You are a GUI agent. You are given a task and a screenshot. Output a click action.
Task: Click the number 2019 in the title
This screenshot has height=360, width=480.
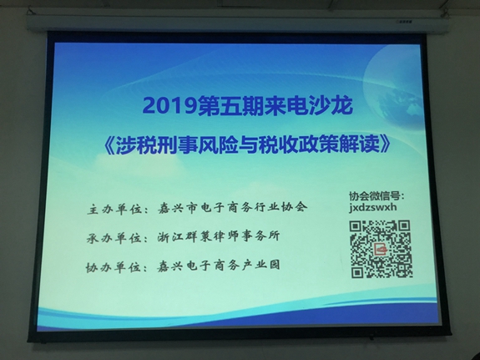[169, 106]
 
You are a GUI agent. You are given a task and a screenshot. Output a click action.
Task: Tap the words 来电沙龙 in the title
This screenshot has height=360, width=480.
[308, 105]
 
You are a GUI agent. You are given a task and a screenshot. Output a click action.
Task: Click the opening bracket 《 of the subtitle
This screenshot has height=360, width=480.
[109, 144]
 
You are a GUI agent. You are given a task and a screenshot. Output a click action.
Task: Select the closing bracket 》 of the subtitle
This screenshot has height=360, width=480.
[385, 144]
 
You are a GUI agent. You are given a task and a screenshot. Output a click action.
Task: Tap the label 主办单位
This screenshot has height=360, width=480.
[114, 210]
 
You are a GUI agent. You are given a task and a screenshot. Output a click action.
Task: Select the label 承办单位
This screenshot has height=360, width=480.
[114, 238]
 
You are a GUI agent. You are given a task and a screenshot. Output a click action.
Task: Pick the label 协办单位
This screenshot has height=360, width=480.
[114, 267]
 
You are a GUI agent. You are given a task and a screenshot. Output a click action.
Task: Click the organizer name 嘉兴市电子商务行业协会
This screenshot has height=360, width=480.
[233, 208]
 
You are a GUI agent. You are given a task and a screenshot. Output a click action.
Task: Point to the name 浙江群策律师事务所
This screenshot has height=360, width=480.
[219, 237]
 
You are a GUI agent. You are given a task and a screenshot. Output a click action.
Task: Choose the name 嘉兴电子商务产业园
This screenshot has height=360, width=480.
[219, 266]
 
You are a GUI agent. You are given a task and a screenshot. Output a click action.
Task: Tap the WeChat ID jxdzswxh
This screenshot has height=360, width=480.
[373, 207]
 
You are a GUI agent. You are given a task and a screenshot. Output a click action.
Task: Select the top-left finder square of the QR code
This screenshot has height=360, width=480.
[356, 226]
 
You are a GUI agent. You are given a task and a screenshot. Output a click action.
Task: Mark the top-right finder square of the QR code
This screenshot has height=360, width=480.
[404, 226]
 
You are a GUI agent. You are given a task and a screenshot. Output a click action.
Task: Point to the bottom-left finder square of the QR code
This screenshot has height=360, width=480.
[357, 272]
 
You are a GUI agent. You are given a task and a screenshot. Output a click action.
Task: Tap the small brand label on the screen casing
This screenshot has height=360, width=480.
[404, 22]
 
